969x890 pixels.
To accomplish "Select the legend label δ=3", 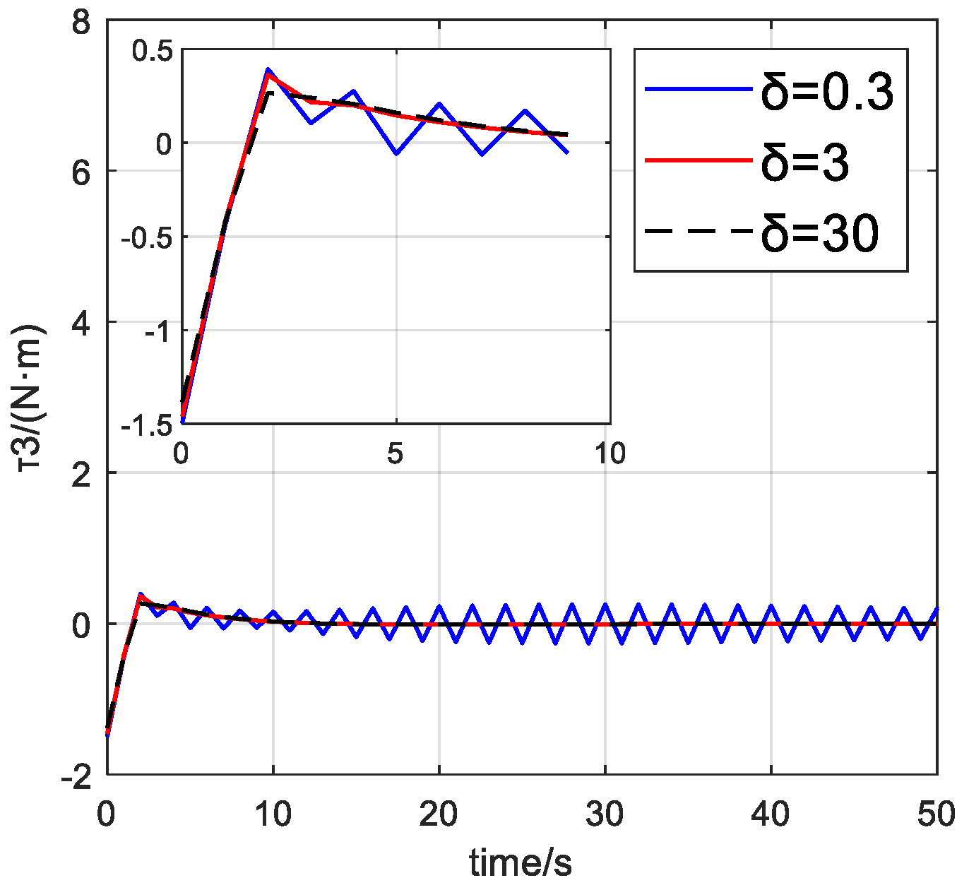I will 805,162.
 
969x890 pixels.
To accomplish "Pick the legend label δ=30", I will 820,232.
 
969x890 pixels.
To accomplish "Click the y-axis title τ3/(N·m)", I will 32,400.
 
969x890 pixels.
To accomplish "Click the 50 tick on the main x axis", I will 937,814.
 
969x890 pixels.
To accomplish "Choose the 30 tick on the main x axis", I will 605,814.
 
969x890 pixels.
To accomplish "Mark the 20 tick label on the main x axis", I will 439,814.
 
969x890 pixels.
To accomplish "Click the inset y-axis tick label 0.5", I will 152,52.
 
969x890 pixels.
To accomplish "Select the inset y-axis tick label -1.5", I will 146,425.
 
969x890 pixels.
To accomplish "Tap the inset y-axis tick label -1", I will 157,331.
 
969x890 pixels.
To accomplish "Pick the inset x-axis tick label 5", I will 395,453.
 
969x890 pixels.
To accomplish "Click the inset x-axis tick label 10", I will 610,453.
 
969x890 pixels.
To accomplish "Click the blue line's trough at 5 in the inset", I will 397,153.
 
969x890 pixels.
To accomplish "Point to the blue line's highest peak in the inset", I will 268,69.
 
